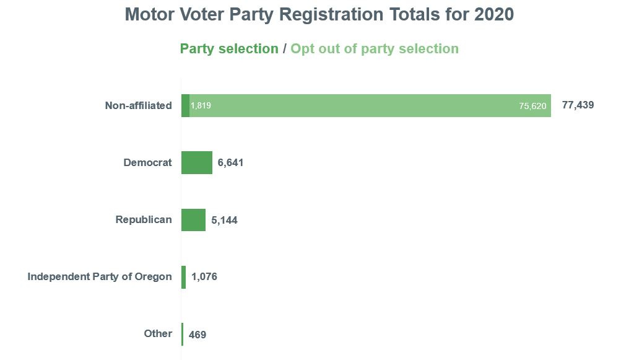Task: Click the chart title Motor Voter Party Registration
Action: pyautogui.click(x=319, y=14)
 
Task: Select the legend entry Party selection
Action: pyautogui.click(x=228, y=49)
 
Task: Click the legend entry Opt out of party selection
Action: pyautogui.click(x=375, y=49)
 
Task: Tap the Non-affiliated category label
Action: pyautogui.click(x=138, y=105)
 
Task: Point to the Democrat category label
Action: pyautogui.click(x=147, y=162)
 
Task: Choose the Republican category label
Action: pyautogui.click(x=144, y=219)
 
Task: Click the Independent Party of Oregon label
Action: pyautogui.click(x=100, y=276)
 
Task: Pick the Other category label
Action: pyautogui.click(x=158, y=333)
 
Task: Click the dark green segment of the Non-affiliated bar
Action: pyautogui.click(x=185, y=105)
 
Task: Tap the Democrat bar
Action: pyautogui.click(x=197, y=162)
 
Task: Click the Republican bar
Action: pyautogui.click(x=193, y=219)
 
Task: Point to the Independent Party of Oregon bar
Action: pyautogui.click(x=184, y=277)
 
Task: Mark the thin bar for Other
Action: pyautogui.click(x=183, y=334)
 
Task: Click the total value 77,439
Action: pyautogui.click(x=578, y=105)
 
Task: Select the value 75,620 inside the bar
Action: pyautogui.click(x=532, y=106)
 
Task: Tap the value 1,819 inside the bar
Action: pyautogui.click(x=201, y=105)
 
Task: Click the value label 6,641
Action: pyautogui.click(x=231, y=163)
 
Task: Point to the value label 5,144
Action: pyautogui.click(x=224, y=220)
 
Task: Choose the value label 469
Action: pyautogui.click(x=198, y=335)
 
